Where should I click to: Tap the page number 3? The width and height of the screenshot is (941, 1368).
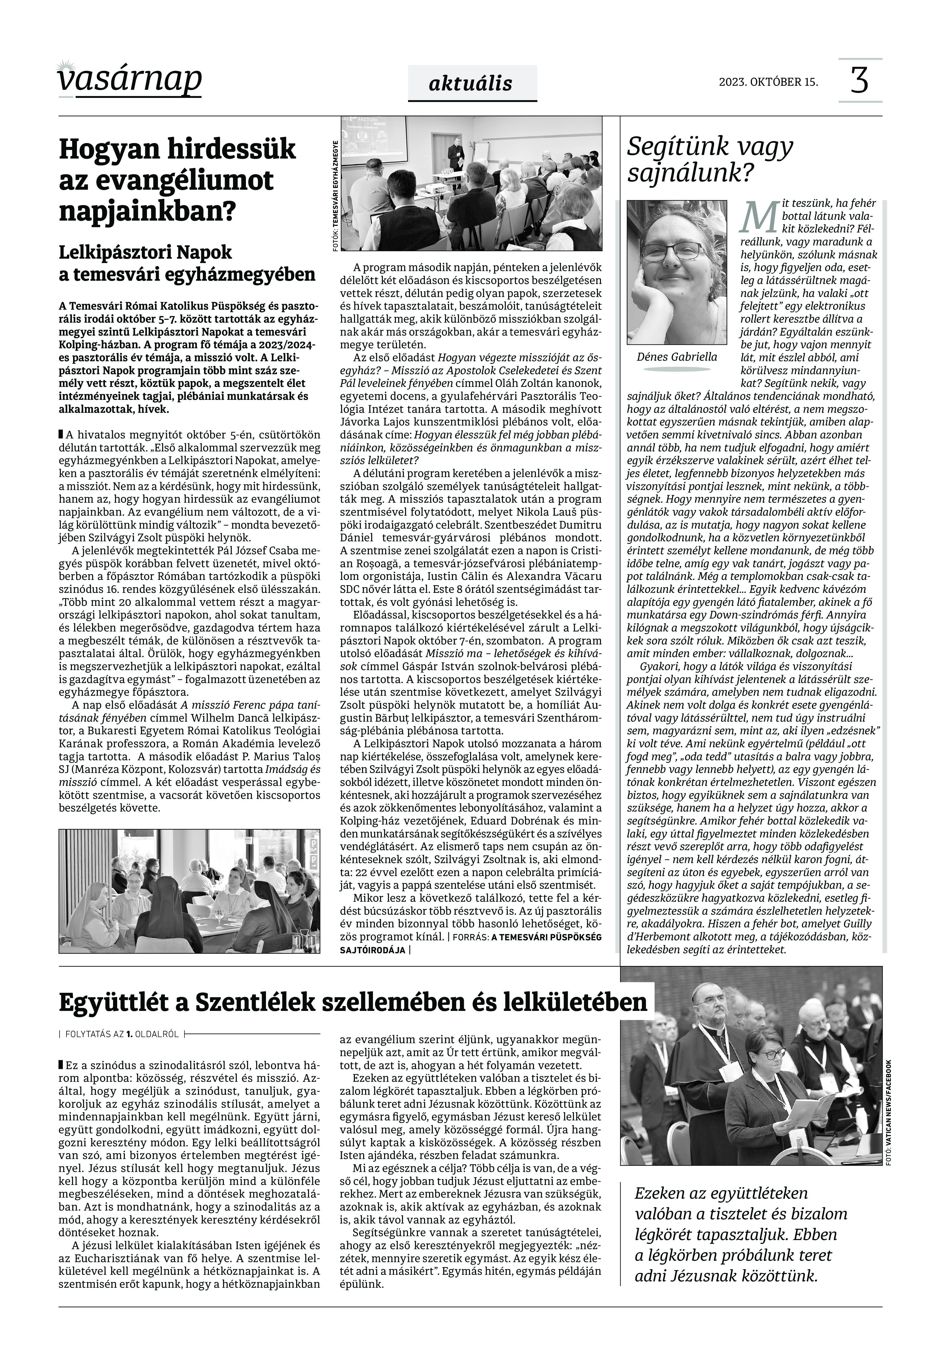click(x=860, y=81)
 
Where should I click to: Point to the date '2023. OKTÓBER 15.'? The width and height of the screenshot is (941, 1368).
click(x=768, y=82)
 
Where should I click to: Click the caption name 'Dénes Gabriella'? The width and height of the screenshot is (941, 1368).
click(x=677, y=357)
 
